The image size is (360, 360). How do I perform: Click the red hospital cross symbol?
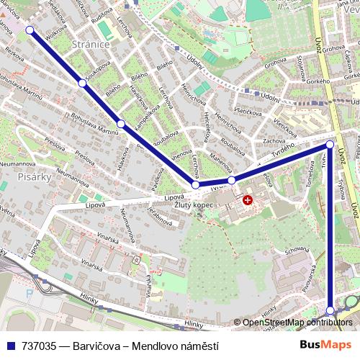pos(248,200)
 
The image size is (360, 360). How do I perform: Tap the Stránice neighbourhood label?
pos(91,45)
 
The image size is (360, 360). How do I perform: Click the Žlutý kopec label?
pos(194,206)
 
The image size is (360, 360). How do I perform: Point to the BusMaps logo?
pos(325,346)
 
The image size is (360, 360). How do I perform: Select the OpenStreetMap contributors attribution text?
pos(297,323)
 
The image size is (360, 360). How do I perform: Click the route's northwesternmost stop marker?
pos(30,30)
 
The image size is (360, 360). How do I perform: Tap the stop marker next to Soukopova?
pos(82,84)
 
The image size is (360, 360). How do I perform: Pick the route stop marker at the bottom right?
pos(330,311)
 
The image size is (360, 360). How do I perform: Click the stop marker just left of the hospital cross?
pos(231,180)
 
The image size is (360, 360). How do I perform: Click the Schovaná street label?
pos(297,253)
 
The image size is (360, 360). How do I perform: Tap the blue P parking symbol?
pos(28,294)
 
